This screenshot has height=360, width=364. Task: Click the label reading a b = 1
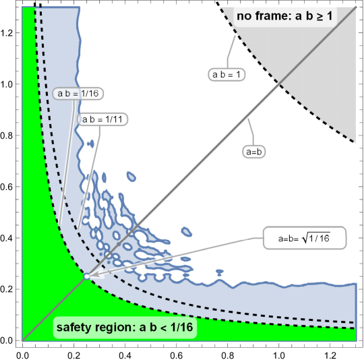tap(226, 75)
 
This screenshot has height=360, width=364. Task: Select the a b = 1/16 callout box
tap(78, 94)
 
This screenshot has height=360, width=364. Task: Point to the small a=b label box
tap(253, 152)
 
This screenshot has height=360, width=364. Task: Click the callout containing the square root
tap(304, 238)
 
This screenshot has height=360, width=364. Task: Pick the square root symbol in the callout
tap(310, 237)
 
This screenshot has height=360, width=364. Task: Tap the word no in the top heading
tap(244, 15)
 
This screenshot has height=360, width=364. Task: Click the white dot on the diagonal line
tap(86, 276)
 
